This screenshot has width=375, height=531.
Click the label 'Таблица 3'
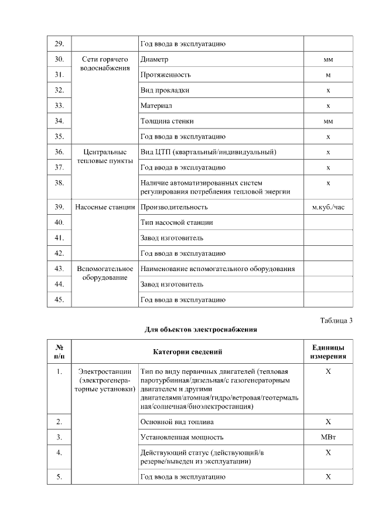click(x=336, y=320)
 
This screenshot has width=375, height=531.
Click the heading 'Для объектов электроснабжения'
click(x=200, y=329)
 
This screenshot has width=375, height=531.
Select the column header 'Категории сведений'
click(x=187, y=351)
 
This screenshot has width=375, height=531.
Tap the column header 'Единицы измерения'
click(x=328, y=351)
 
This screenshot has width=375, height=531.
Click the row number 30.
click(x=59, y=59)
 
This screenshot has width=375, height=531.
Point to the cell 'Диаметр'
click(x=155, y=59)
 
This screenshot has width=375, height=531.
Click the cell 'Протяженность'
click(x=165, y=75)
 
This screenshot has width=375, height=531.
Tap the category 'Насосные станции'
click(x=104, y=207)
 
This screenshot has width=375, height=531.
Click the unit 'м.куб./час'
click(x=328, y=207)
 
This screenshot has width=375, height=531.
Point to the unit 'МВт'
click(x=328, y=437)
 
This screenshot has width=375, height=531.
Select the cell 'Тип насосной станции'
click(x=176, y=222)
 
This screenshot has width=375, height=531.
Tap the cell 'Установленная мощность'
click(x=182, y=437)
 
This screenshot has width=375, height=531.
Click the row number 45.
click(x=59, y=299)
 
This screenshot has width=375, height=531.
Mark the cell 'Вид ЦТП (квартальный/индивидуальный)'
click(x=208, y=152)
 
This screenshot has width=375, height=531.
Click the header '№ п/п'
click(x=59, y=351)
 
